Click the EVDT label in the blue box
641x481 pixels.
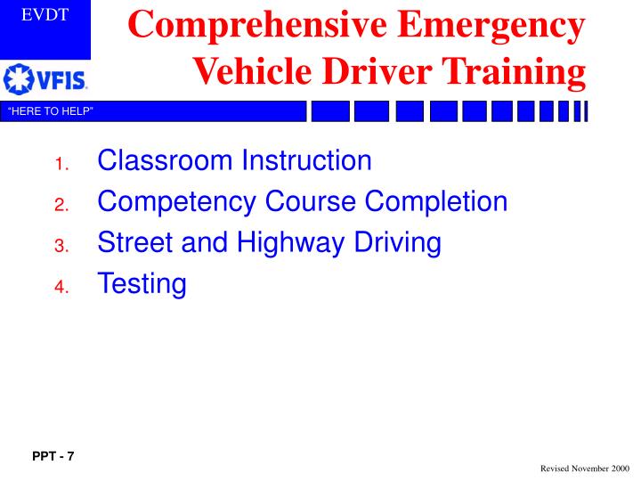point(45,15)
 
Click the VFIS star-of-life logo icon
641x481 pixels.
point(17,80)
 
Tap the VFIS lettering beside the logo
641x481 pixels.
point(59,81)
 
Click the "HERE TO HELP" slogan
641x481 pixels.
point(51,110)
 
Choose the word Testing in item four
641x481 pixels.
point(142,284)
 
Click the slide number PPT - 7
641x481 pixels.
point(53,457)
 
